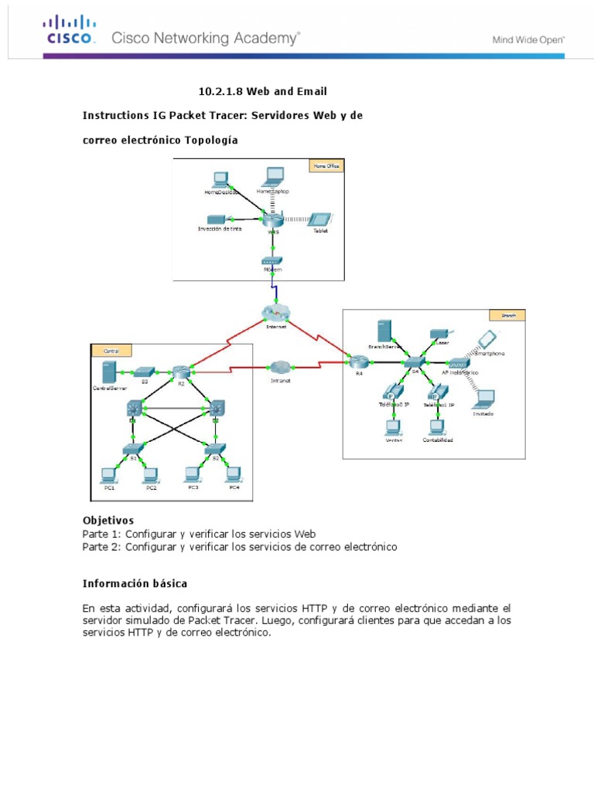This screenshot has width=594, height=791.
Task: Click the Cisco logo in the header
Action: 70,32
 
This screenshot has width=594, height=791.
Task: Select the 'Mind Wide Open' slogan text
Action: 529,39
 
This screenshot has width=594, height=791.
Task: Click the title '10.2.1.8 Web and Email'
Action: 257,91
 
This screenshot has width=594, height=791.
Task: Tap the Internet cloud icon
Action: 275,311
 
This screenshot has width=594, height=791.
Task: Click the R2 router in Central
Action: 182,372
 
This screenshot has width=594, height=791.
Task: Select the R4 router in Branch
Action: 357,361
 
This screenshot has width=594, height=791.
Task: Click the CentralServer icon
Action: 110,372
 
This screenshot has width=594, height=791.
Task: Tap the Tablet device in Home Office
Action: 321,220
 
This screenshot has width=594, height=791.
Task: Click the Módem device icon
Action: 271,262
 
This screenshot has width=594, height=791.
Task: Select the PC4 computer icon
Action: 234,474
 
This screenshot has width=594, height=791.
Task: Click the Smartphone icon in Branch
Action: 486,339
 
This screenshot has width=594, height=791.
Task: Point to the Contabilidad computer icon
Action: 438,426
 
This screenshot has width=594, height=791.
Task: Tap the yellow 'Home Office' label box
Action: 325,165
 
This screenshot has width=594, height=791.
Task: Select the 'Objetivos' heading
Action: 108,521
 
